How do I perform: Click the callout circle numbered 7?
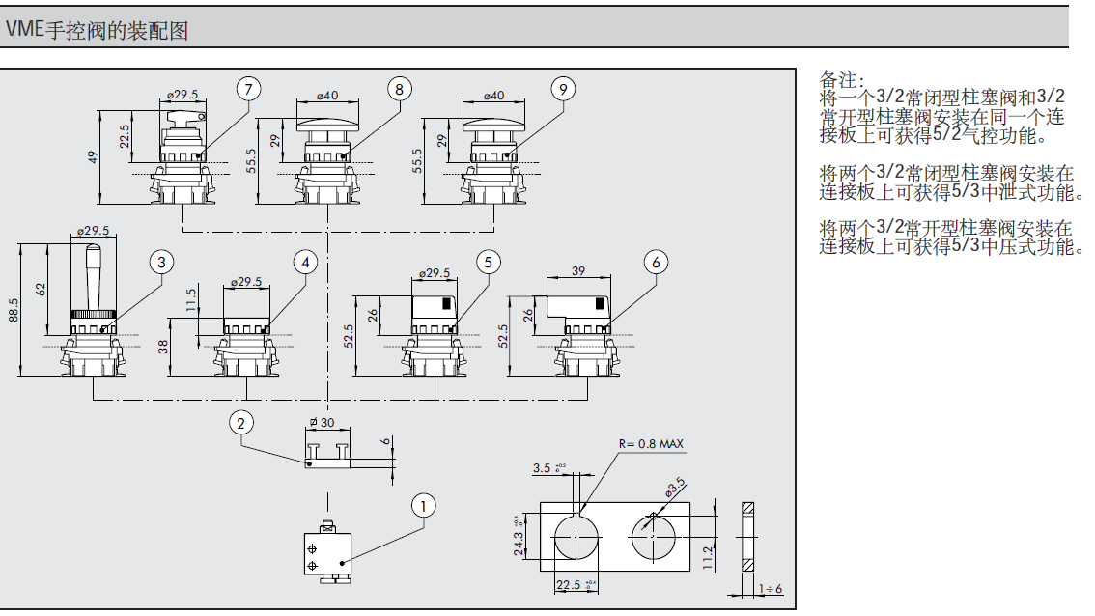coord(249,89)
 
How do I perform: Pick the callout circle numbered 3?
coord(162,262)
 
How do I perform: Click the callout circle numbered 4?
coord(306,262)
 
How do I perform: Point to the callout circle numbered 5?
coord(489,262)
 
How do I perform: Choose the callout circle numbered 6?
coord(656,262)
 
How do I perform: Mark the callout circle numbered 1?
coord(421,504)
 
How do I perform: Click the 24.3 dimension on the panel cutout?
coord(519,535)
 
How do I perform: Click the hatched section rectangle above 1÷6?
coord(748,536)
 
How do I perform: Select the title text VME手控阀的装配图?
coord(97,30)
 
